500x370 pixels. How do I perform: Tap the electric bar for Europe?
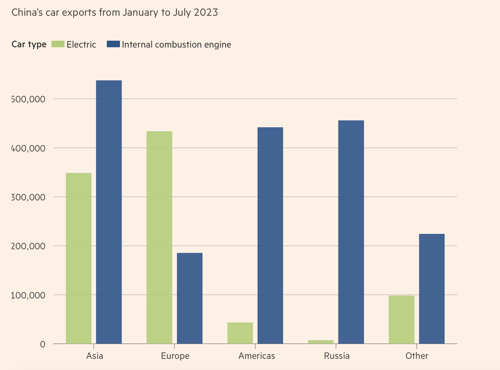159,237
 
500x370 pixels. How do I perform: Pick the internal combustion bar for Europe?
190,298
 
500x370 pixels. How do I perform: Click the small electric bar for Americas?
240,333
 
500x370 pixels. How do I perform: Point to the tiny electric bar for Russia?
321,342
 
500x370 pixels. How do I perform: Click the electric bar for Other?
401,319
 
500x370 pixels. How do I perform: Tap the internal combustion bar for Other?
432,289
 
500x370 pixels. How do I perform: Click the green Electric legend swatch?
58,44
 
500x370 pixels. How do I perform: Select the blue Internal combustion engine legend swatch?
113,44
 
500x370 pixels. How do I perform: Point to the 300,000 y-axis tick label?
28,197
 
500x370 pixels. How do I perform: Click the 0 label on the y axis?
43,344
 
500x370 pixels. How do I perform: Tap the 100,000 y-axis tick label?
28,295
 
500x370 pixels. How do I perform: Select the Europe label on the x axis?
175,356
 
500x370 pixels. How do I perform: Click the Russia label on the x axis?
337,356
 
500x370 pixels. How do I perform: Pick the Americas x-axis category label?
257,356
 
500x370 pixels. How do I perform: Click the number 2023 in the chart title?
206,12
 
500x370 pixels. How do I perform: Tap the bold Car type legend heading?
29,44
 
